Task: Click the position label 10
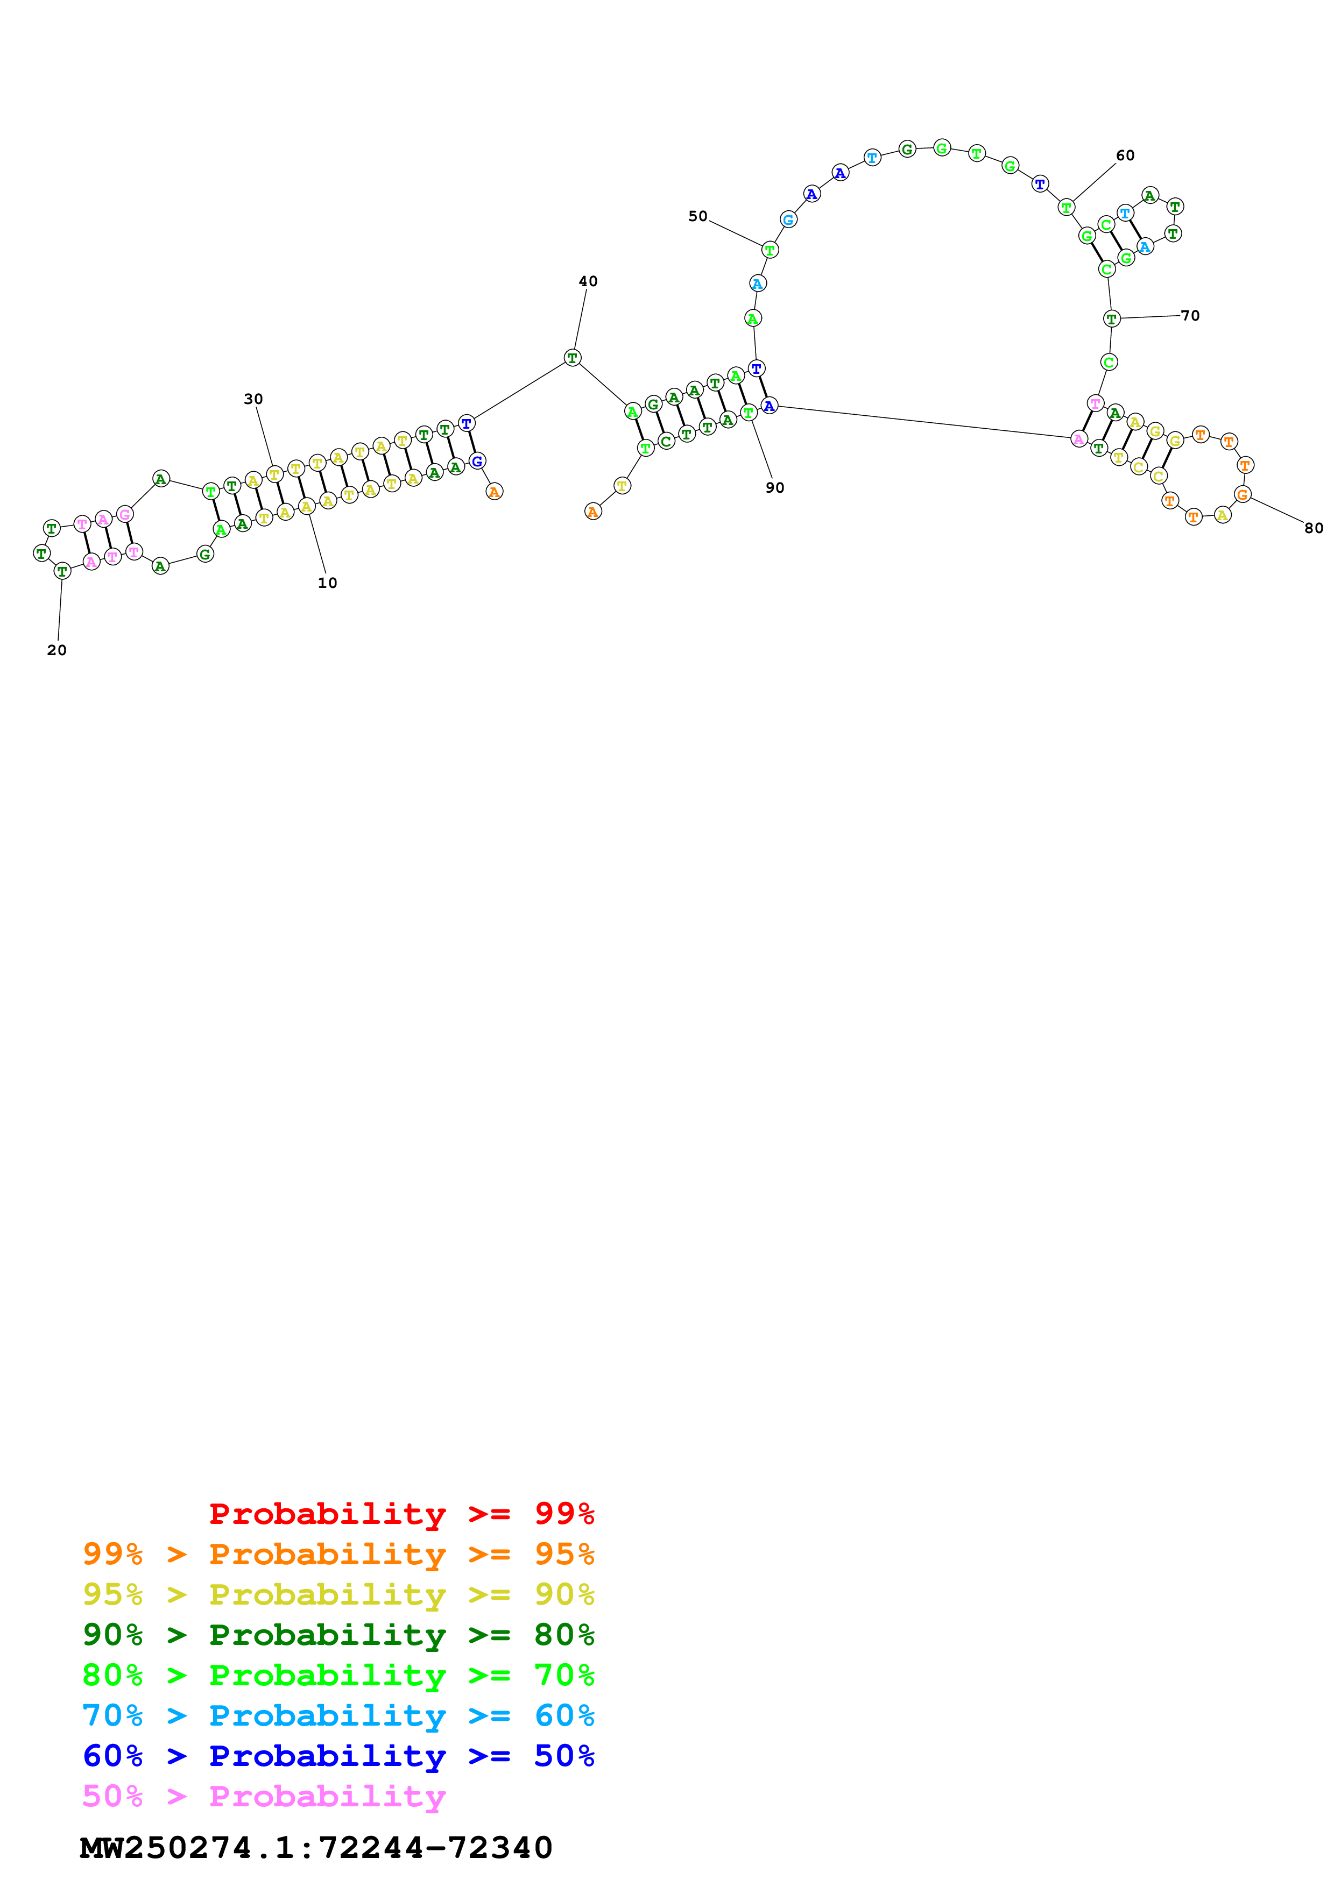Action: pos(327,583)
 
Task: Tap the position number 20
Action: pos(57,650)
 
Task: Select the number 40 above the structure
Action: pos(588,281)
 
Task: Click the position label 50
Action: pos(698,216)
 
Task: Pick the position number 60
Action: pos(1125,155)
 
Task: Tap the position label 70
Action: pos(1190,316)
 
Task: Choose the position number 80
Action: pos(1314,528)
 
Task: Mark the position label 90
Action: pos(774,487)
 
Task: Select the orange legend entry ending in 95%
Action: pos(338,1554)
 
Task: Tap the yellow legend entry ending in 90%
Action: pos(338,1594)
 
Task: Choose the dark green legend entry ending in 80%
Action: pos(338,1635)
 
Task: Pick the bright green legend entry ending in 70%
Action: pos(338,1675)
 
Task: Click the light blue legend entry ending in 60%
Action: pos(338,1715)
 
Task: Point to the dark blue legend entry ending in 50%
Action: pos(338,1756)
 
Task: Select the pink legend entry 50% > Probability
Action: pos(264,1796)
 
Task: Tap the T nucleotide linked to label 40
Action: pos(573,358)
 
